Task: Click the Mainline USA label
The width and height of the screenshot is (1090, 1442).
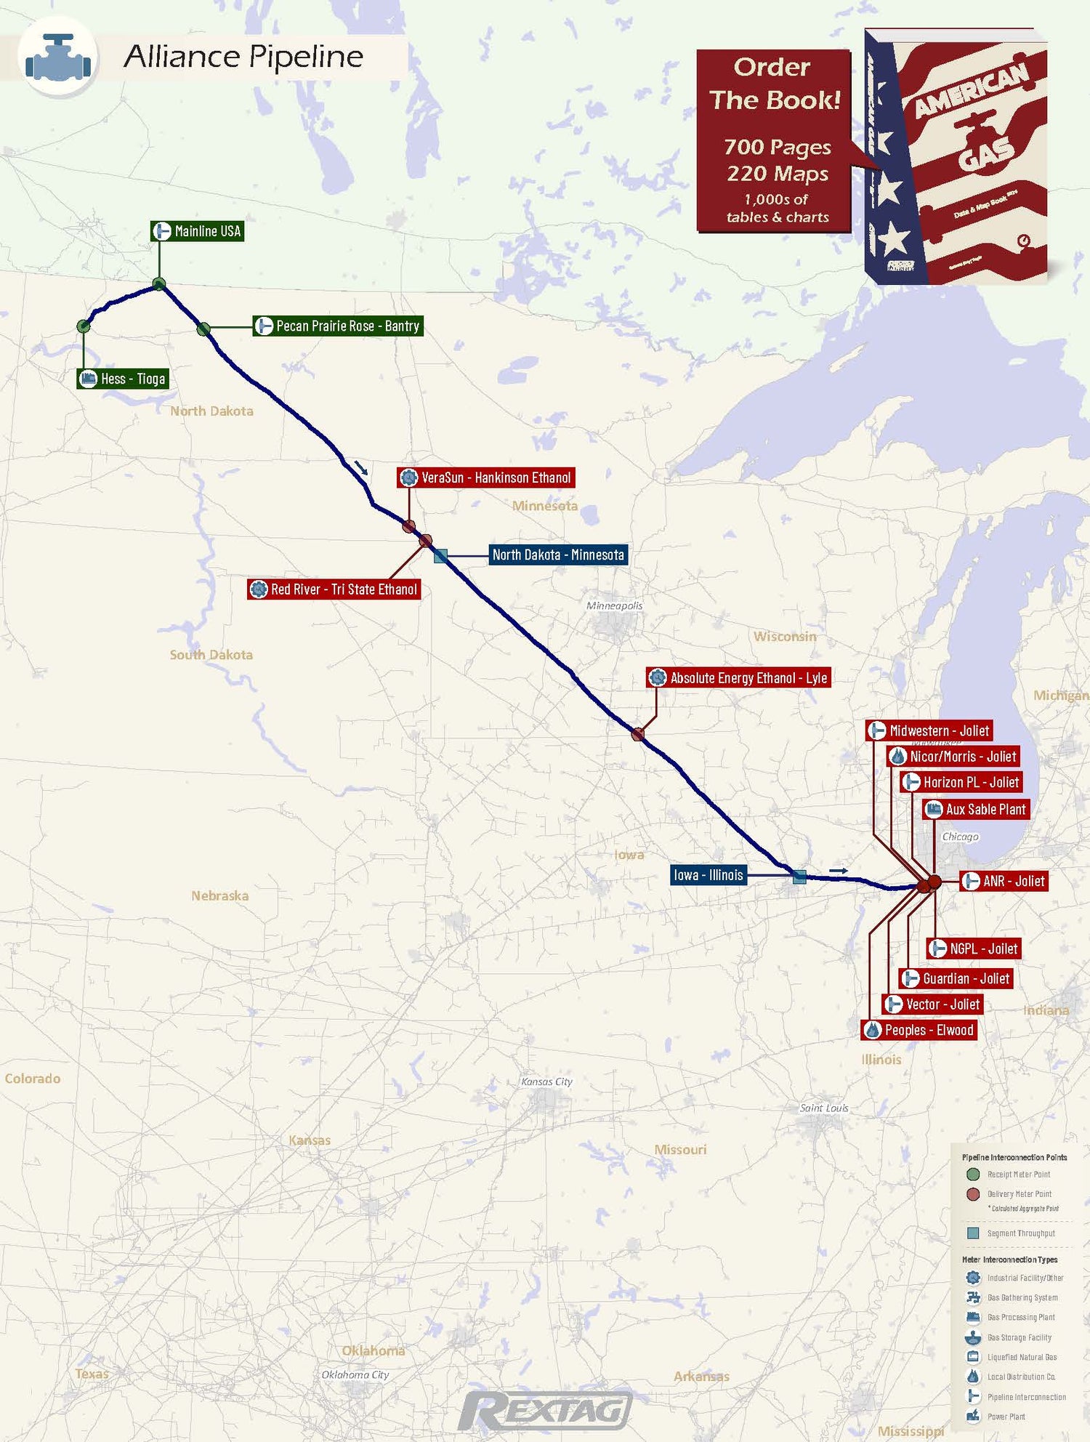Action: pos(198,231)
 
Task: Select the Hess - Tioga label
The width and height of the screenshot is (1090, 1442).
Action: pos(123,379)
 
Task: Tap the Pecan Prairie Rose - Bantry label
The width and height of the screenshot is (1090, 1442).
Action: pos(338,326)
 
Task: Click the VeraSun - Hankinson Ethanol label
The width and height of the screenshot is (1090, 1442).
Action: pos(486,478)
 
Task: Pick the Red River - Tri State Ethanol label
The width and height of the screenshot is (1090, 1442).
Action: pos(334,589)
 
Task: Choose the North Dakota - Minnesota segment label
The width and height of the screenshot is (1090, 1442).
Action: pos(557,555)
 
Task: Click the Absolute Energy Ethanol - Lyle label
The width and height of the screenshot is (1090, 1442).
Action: pos(739,677)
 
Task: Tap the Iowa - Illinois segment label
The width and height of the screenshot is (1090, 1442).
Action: pos(708,874)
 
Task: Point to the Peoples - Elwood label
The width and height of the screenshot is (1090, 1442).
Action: pos(919,1030)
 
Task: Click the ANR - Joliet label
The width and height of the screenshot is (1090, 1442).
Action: pos(1004,881)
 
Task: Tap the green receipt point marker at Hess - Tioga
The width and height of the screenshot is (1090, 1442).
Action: pos(84,326)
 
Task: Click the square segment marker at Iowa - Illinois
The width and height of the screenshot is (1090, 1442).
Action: pos(799,877)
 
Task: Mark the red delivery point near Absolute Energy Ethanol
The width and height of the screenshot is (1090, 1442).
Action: pos(638,734)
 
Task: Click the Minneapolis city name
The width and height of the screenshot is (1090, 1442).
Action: pos(614,605)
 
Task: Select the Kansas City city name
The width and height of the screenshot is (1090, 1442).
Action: pos(546,1081)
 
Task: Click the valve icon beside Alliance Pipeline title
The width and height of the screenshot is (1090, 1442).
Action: pos(58,57)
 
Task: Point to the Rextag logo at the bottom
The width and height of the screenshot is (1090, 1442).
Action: pos(545,1411)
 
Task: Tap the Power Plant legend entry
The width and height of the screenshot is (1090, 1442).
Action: pos(1006,1417)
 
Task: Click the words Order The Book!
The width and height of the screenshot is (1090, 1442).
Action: pos(774,84)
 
